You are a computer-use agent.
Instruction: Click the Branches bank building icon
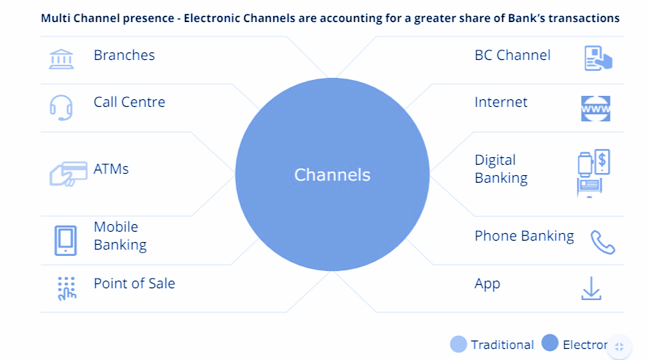[61, 59]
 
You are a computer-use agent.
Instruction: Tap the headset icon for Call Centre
[61, 108]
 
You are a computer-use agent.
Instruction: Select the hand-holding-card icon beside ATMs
[68, 174]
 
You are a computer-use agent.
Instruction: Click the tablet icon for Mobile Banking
[66, 241]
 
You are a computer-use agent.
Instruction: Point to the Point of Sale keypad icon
[66, 288]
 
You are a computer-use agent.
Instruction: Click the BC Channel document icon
[598, 58]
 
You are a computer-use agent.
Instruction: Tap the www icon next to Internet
[595, 108]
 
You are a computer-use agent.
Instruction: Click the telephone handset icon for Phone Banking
[602, 242]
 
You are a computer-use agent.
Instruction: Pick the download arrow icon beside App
[591, 288]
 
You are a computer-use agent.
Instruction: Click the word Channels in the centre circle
[332, 175]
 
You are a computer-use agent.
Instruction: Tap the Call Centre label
[129, 102]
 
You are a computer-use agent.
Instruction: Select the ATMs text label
[111, 169]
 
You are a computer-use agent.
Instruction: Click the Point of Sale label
[134, 283]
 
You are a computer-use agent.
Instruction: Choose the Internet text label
[501, 102]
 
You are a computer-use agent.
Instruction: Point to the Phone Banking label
[524, 236]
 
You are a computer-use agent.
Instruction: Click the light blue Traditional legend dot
[459, 344]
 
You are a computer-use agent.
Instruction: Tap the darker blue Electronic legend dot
[550, 343]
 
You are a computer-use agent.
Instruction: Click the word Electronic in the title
[211, 18]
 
